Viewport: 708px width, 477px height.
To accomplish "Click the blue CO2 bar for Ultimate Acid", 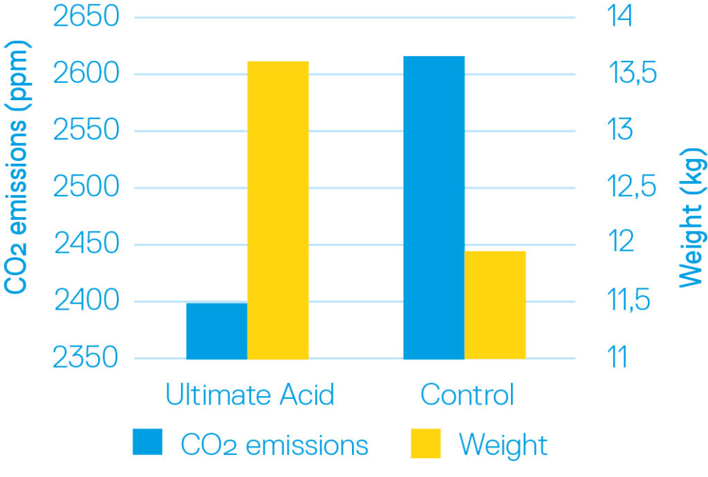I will pos(216,330).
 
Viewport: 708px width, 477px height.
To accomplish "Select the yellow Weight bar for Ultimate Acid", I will pos(278,210).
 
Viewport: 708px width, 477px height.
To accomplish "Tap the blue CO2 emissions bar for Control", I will pos(434,207).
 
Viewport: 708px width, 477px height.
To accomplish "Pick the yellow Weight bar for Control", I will pos(495,305).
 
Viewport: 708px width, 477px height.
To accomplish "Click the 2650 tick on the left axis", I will pos(86,17).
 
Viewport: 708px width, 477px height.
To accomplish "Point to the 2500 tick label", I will pos(86,187).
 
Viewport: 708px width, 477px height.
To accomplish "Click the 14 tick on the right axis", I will pos(608,17).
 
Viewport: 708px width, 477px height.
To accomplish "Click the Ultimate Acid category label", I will pos(250,395).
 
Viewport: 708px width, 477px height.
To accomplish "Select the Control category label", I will pos(467,395).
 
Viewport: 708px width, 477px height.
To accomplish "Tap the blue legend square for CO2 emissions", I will pos(147,442).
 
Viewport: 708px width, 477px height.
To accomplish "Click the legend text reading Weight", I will pos(503,444).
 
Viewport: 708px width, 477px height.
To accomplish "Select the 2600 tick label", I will pos(86,74).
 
